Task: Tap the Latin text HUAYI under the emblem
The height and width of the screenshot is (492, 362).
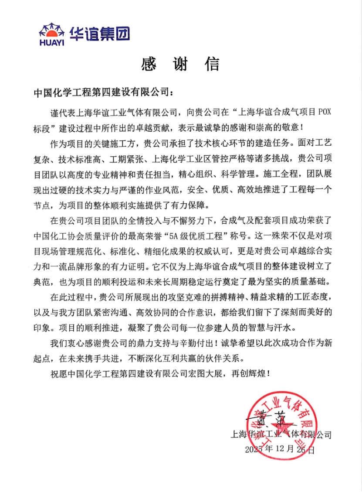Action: [51, 42]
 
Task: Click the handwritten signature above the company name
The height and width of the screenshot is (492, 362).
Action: [271, 420]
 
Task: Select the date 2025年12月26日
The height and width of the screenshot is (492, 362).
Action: [279, 449]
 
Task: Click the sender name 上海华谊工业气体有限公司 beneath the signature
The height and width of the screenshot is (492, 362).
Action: [281, 435]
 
